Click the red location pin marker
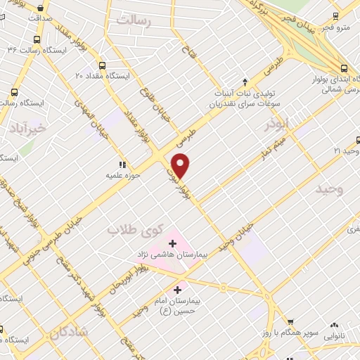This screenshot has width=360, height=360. point(181,165)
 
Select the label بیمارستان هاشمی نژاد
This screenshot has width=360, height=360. point(173,256)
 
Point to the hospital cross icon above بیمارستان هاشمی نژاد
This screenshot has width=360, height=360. point(173,243)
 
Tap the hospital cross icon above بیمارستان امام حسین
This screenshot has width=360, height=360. point(177,288)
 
